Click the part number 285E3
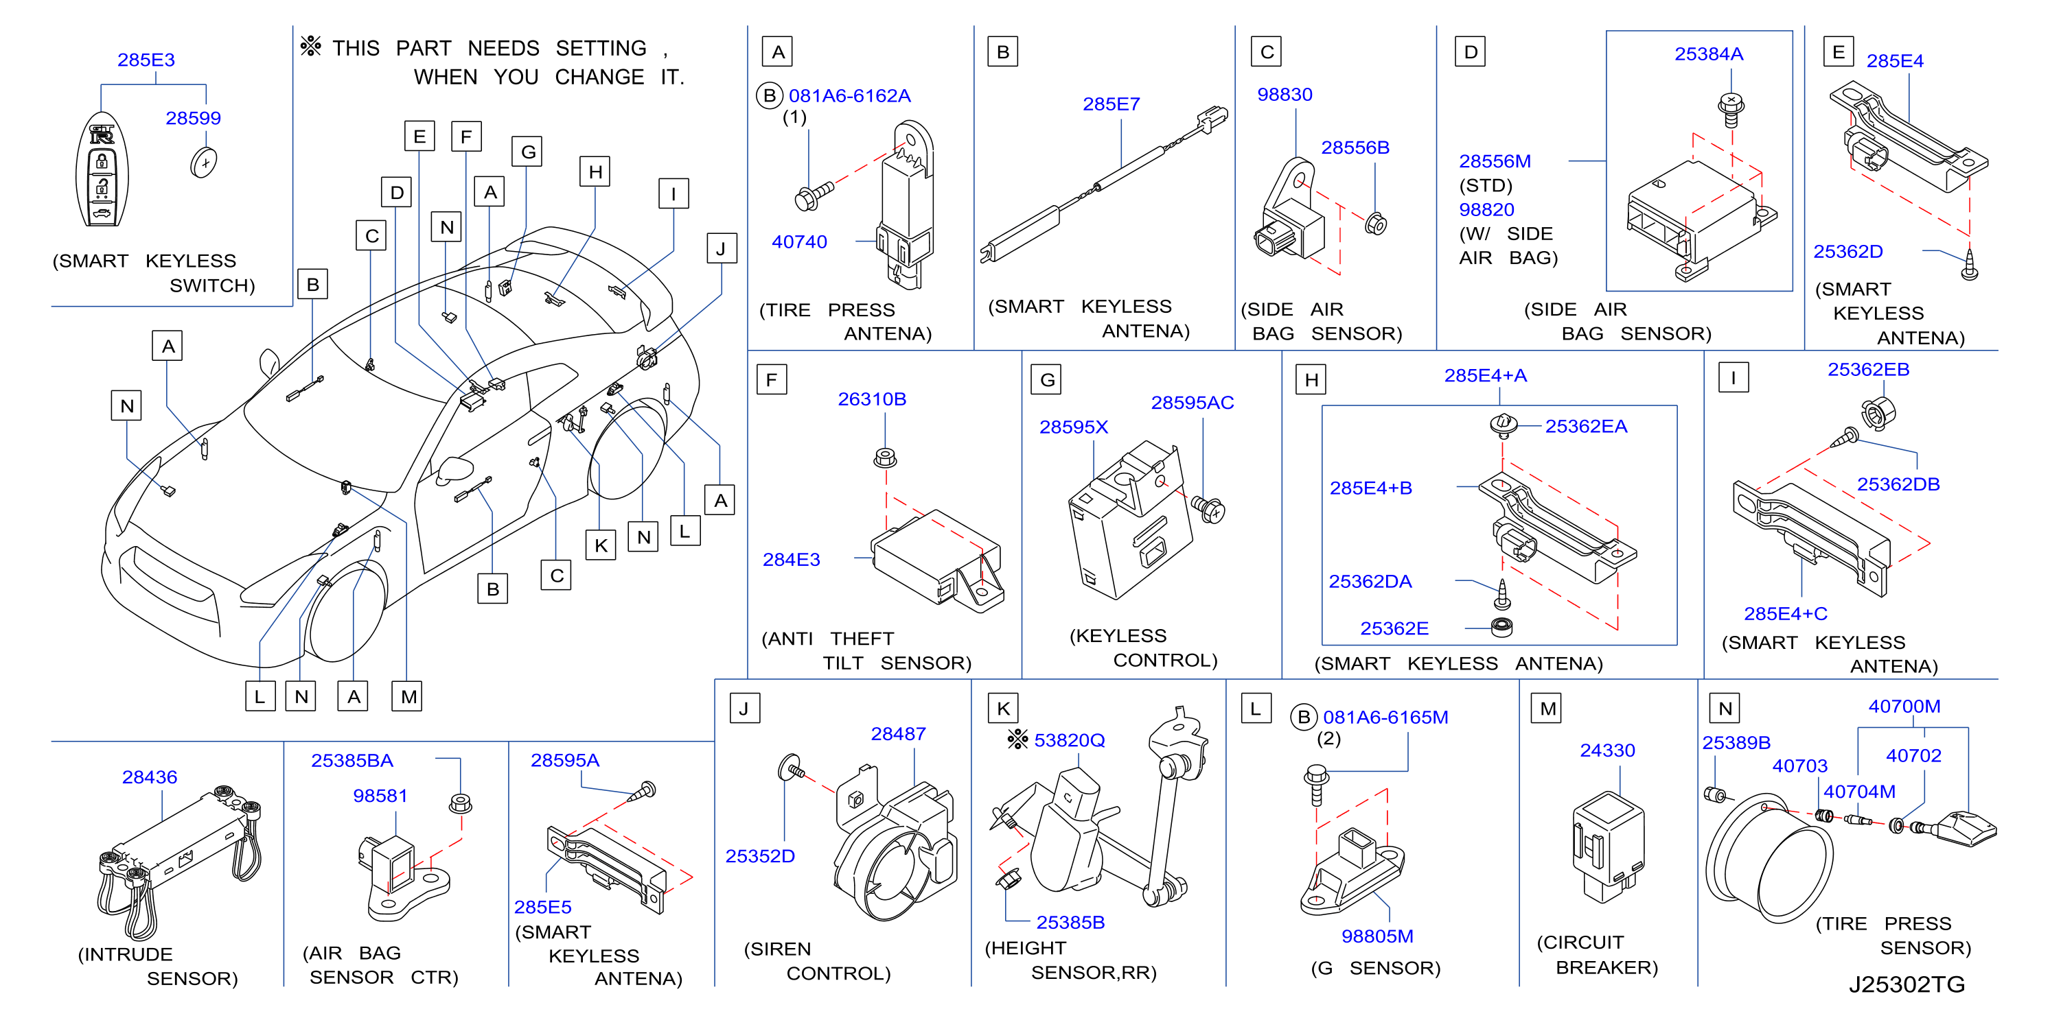(x=146, y=60)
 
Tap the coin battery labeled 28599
(x=205, y=163)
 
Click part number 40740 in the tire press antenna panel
(x=799, y=241)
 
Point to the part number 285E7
(x=1111, y=104)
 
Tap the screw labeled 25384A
(x=1731, y=110)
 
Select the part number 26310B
(x=872, y=399)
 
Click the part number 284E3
(x=791, y=560)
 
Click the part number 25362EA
(x=1586, y=426)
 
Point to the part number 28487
(x=899, y=734)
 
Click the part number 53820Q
(x=1070, y=740)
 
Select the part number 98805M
(x=1378, y=936)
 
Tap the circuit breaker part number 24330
(x=1608, y=750)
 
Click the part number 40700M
(x=1904, y=707)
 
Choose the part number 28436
(x=150, y=777)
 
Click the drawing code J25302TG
(x=1907, y=984)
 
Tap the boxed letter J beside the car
(x=721, y=248)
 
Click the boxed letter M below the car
(x=407, y=697)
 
